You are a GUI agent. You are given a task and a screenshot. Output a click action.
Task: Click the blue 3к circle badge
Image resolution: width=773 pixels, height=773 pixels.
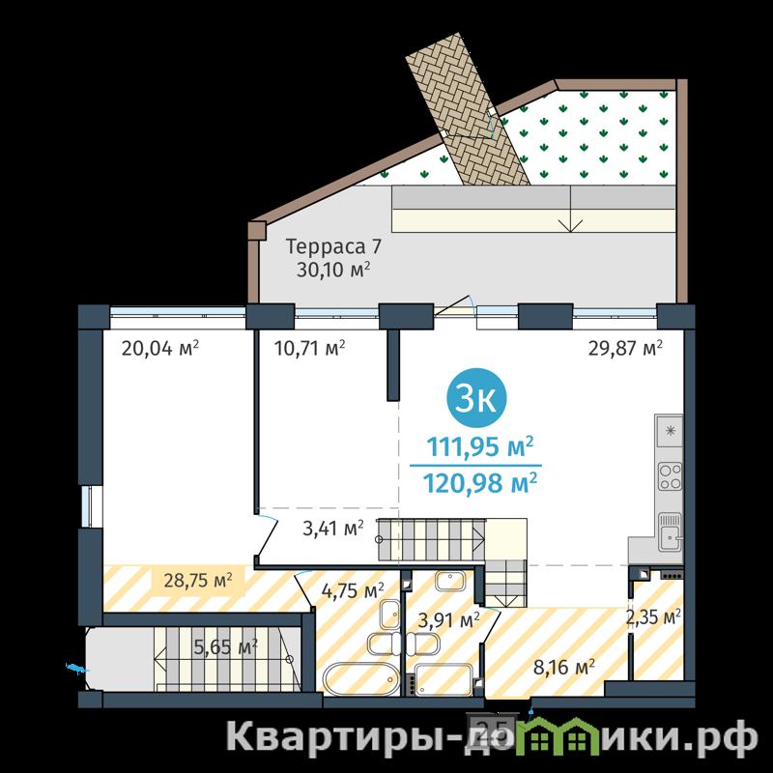(x=475, y=398)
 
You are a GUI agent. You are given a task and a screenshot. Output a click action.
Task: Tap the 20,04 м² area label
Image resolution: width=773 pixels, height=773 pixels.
(x=160, y=349)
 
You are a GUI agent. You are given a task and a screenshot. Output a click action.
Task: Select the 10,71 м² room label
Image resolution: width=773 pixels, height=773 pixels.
(x=309, y=349)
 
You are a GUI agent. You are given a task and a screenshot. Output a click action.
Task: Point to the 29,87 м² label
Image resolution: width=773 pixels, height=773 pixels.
(x=625, y=349)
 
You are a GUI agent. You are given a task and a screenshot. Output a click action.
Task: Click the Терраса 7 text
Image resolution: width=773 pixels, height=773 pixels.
(x=333, y=246)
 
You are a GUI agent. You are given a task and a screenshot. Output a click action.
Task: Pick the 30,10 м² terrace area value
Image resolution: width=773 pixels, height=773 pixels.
(x=333, y=270)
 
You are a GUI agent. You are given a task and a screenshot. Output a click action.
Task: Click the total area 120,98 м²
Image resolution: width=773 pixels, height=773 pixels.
(x=479, y=483)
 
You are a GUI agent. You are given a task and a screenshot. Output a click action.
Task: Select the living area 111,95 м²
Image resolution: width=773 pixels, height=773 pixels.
(x=479, y=446)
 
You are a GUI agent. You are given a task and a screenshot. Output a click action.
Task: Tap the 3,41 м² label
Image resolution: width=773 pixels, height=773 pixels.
(x=333, y=529)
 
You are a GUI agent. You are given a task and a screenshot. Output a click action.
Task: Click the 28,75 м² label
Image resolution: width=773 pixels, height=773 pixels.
(x=198, y=581)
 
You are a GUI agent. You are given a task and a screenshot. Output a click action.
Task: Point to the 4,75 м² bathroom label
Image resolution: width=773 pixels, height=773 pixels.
(x=353, y=590)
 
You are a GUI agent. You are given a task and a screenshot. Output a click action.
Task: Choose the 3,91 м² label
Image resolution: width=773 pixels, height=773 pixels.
(x=448, y=619)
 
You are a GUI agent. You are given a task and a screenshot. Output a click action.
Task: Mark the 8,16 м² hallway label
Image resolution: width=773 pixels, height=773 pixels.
(x=564, y=668)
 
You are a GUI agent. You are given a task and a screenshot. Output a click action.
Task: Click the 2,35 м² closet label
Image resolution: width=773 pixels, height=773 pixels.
(x=654, y=616)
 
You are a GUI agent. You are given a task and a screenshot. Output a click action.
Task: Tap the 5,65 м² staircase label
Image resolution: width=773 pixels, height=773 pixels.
(x=226, y=646)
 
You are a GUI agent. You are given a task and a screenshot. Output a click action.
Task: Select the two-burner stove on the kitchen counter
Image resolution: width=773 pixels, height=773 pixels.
(x=670, y=476)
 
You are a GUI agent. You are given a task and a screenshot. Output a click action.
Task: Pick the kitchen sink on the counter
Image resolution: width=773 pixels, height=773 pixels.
(x=670, y=531)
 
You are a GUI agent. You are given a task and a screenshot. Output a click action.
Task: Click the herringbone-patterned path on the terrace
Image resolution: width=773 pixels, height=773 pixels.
(x=468, y=109)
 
